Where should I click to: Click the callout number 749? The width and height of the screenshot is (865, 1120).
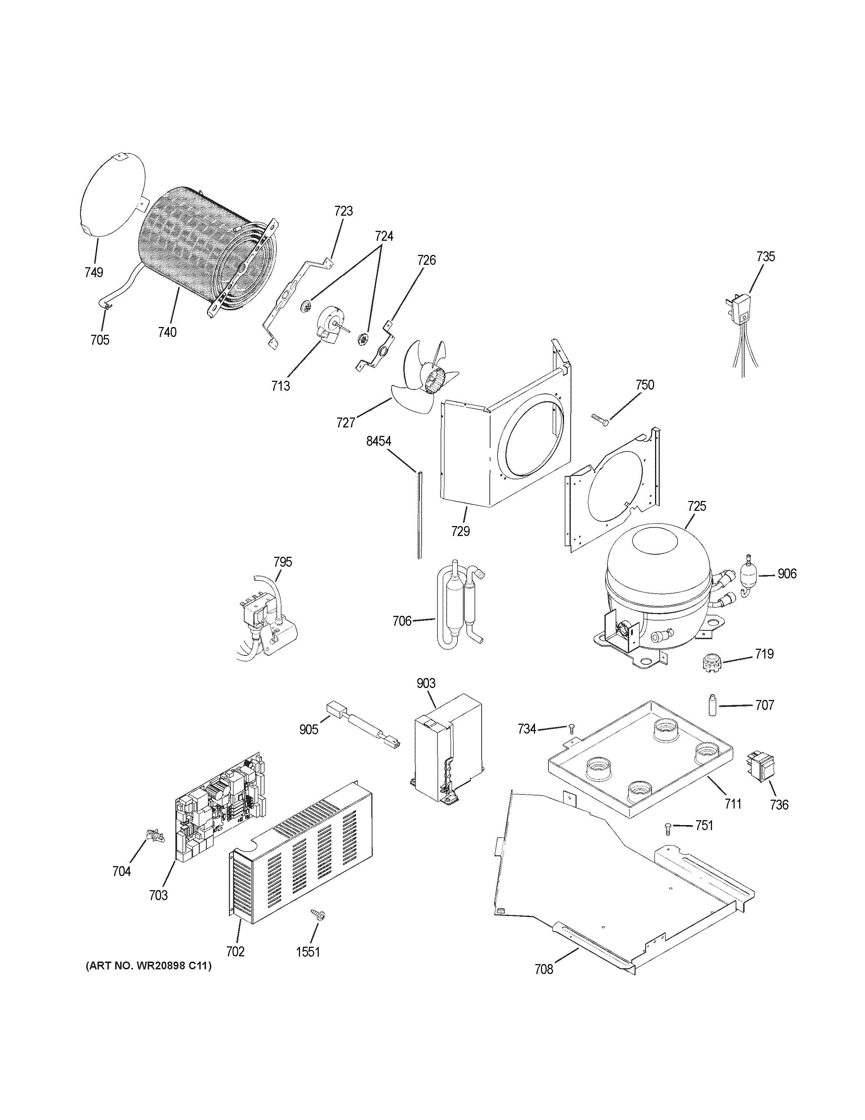[x=94, y=272]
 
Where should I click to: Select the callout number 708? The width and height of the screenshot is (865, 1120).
[x=544, y=969]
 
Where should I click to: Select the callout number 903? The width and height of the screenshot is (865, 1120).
[x=426, y=683]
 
